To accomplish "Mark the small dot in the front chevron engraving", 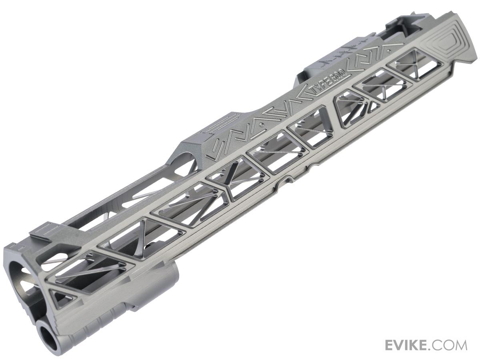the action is coord(262,126).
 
